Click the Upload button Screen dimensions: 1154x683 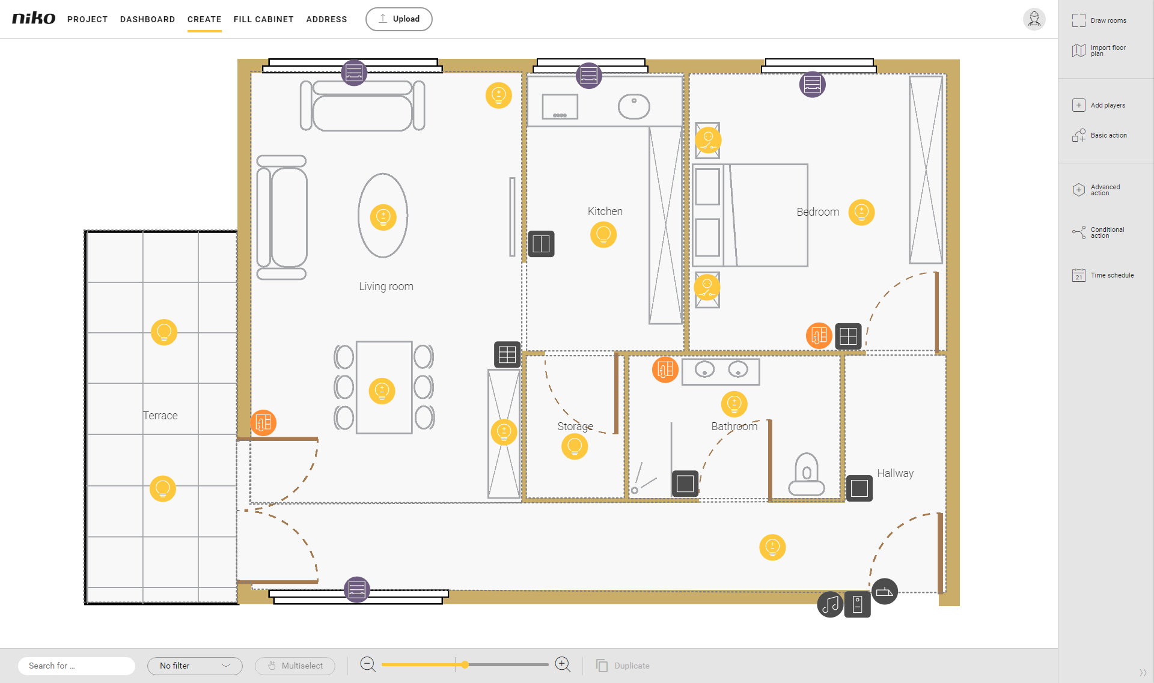click(x=399, y=19)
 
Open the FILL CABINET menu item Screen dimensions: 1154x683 click(x=263, y=19)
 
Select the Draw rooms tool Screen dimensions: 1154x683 click(x=1099, y=20)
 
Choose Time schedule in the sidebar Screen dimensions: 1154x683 click(x=1103, y=275)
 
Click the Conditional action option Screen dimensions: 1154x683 click(x=1099, y=232)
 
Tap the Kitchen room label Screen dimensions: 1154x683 click(x=605, y=211)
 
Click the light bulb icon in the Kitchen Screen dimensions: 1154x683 click(x=603, y=235)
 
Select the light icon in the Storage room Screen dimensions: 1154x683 click(x=575, y=447)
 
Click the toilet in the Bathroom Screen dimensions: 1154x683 click(x=807, y=475)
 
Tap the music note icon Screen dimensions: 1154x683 click(x=830, y=604)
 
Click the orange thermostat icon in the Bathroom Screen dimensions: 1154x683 click(x=665, y=370)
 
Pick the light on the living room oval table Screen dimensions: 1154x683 click(x=383, y=217)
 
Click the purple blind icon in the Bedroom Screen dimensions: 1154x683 click(x=812, y=84)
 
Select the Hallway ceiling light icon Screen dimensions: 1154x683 click(x=772, y=547)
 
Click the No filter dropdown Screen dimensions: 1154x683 click(x=195, y=666)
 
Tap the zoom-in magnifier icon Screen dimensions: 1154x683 click(x=563, y=664)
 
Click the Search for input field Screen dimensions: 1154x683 click(x=77, y=666)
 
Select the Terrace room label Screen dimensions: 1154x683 click(x=160, y=416)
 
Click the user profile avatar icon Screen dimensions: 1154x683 click(x=1034, y=19)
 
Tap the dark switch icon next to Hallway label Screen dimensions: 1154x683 click(x=859, y=488)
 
